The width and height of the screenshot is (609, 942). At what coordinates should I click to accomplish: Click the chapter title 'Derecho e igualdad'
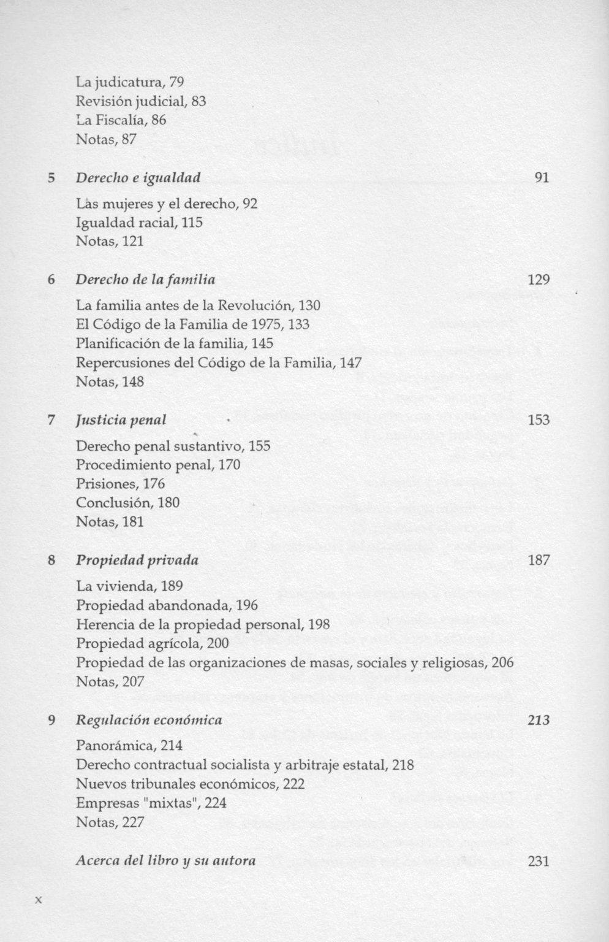click(138, 178)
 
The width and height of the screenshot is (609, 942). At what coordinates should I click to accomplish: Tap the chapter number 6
click(52, 280)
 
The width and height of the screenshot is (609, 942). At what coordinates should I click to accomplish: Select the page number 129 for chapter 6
click(538, 280)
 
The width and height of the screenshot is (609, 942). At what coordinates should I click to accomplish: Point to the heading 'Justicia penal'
click(121, 420)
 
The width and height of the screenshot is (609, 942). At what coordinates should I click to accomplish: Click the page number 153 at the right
click(538, 420)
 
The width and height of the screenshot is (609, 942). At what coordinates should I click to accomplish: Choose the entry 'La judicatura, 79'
click(130, 82)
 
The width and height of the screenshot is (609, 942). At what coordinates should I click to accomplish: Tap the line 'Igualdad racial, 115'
click(139, 222)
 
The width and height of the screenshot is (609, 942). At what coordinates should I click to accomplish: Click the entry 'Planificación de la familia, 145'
click(175, 343)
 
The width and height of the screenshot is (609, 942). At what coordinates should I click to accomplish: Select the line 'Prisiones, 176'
click(120, 484)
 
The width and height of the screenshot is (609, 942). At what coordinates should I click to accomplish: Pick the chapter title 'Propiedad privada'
click(137, 561)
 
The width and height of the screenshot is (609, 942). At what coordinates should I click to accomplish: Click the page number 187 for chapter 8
click(538, 561)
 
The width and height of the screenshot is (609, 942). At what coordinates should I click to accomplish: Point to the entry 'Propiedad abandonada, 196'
click(167, 605)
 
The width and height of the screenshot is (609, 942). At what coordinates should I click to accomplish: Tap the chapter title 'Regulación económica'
click(149, 720)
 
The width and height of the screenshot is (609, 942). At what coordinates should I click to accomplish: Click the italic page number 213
click(538, 720)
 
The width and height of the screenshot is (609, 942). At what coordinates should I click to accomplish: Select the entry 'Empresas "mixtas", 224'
click(151, 803)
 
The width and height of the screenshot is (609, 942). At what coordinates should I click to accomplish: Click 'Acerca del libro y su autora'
click(165, 860)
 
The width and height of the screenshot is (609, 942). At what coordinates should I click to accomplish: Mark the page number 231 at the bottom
click(538, 861)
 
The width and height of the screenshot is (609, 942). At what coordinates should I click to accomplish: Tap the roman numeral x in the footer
click(38, 900)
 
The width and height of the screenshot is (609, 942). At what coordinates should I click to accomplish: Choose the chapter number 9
click(52, 720)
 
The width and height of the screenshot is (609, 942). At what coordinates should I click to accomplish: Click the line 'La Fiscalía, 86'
click(121, 120)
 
